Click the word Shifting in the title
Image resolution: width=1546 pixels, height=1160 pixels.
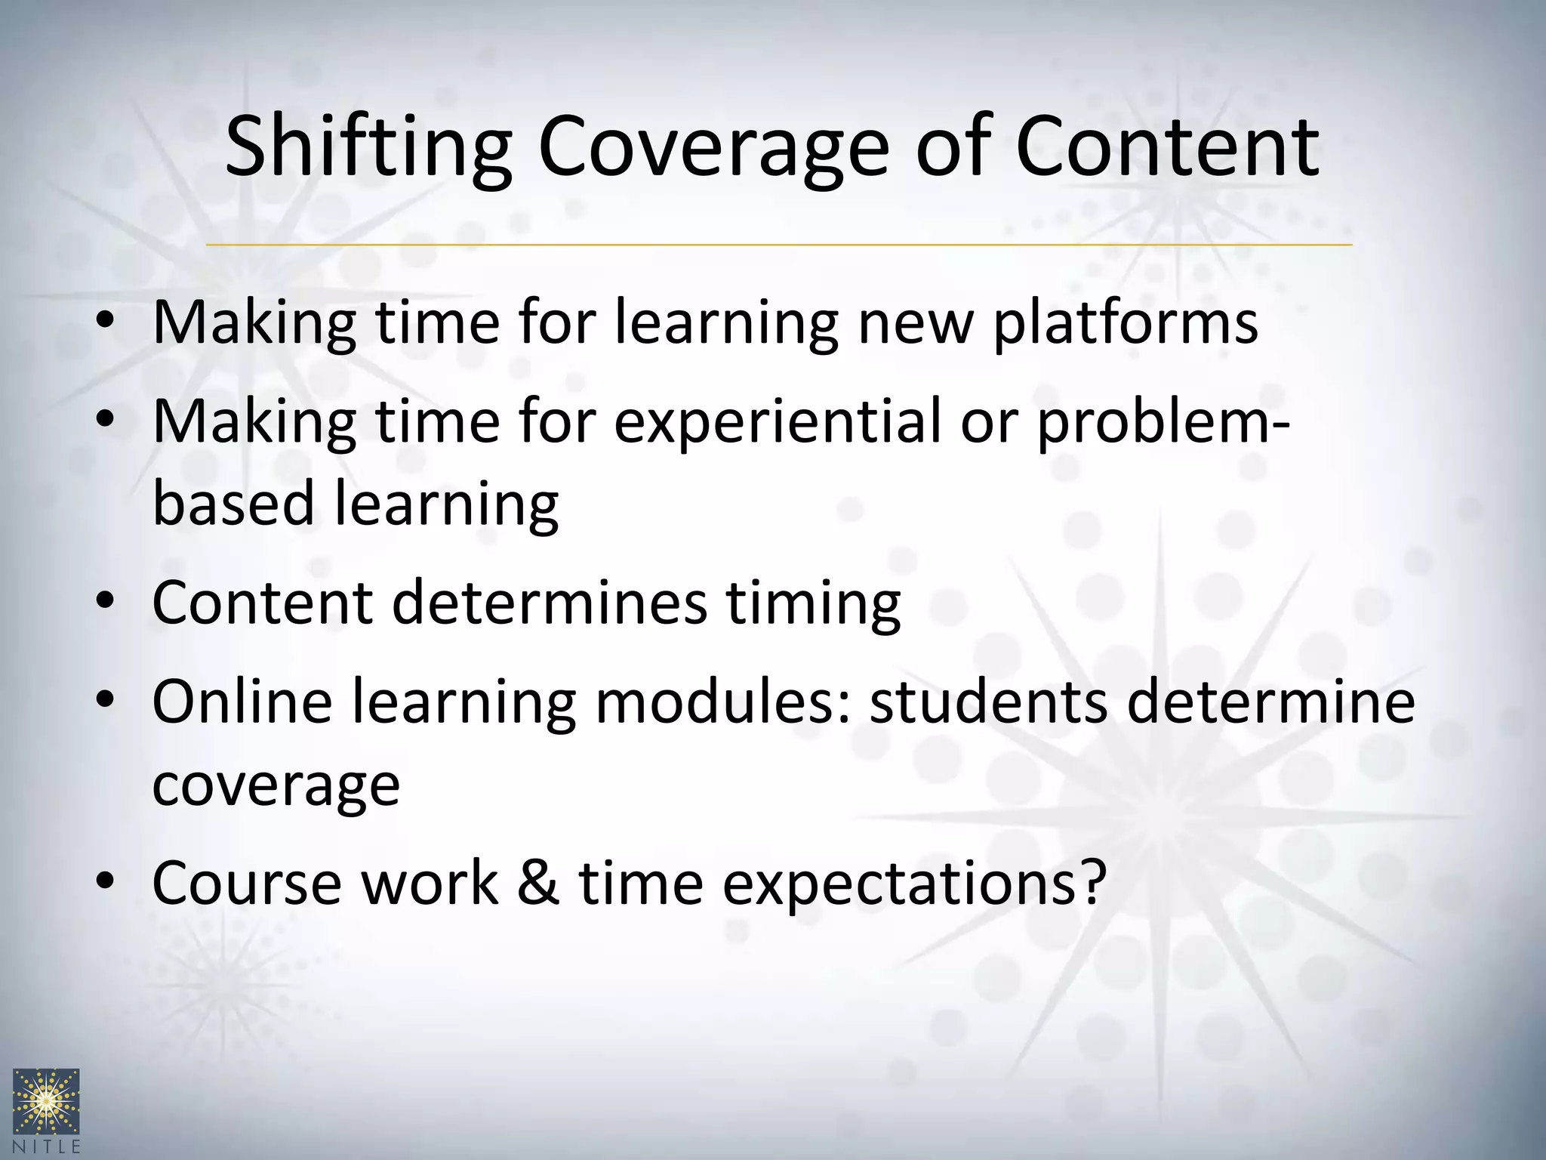click(368, 147)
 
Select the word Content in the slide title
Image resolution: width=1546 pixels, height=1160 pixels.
click(1167, 147)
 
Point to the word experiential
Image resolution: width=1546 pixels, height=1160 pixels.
click(778, 421)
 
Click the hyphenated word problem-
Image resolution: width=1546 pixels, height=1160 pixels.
click(1163, 421)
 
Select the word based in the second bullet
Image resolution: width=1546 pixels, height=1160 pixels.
click(233, 504)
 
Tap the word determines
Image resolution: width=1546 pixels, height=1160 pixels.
click(550, 602)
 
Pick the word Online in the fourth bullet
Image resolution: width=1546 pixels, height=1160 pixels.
click(242, 701)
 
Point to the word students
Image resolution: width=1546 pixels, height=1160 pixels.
click(989, 701)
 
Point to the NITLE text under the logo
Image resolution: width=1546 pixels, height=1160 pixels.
click(47, 1146)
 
